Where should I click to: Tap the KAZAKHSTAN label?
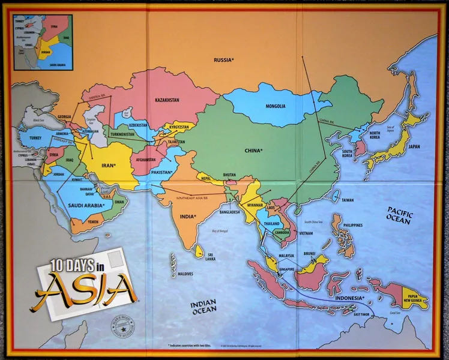[x=167, y=100]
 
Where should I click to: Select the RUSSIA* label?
[x=224, y=59]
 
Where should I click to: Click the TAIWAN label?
[x=348, y=199]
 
